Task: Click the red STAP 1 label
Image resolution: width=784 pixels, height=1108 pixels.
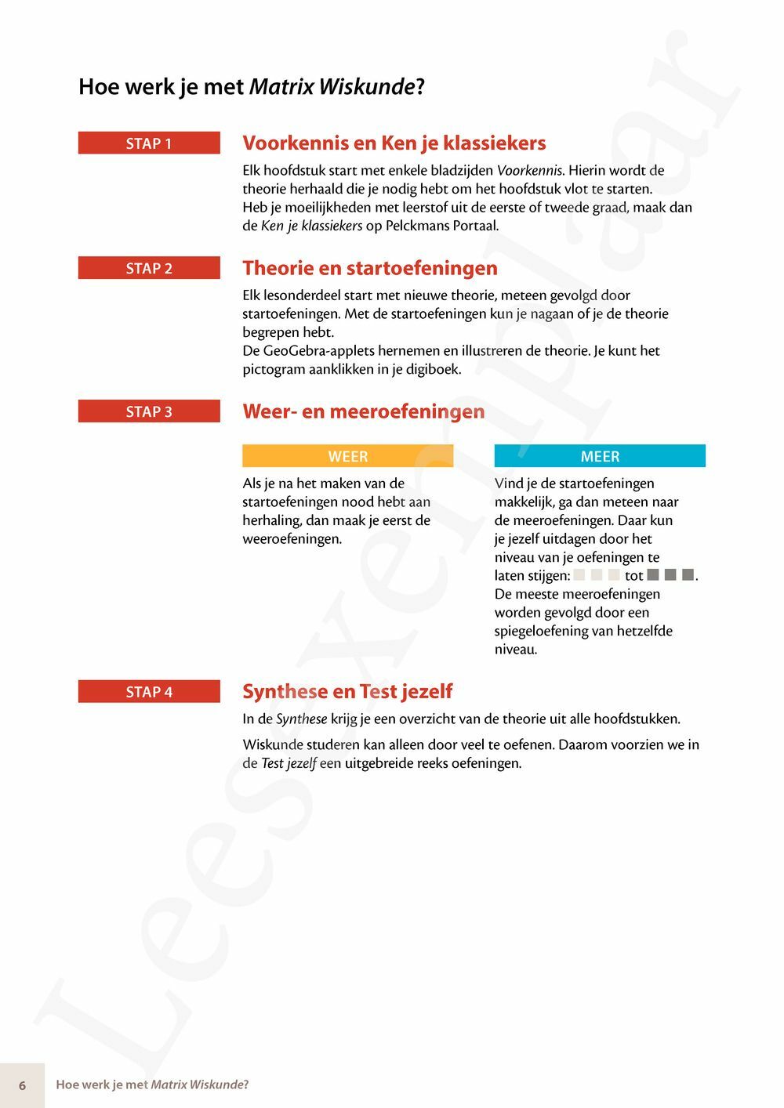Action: (x=149, y=143)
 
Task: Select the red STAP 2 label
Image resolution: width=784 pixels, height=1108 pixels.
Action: (x=149, y=268)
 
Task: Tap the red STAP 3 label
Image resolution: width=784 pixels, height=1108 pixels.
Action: (x=149, y=411)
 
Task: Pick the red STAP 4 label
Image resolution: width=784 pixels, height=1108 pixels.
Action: (x=149, y=692)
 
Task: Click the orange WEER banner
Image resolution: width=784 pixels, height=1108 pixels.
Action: (x=348, y=456)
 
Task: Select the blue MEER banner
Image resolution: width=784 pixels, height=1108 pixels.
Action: (x=600, y=456)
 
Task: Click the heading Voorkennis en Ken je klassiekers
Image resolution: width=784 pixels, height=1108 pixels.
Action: (x=394, y=143)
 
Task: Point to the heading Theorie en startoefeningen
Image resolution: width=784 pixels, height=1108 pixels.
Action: (x=370, y=268)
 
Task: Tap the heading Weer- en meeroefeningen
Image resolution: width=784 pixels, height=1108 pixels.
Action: (x=364, y=411)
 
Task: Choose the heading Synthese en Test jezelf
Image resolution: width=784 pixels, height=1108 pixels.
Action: (x=347, y=692)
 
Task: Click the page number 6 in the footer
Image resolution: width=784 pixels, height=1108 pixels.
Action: (x=22, y=1085)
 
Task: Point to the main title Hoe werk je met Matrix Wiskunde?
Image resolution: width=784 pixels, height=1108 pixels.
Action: (x=251, y=87)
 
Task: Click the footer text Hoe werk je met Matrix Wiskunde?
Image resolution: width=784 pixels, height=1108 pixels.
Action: (x=152, y=1085)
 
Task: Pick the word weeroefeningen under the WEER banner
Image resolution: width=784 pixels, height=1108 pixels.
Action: (x=292, y=539)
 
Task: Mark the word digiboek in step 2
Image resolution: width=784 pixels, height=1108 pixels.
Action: (x=433, y=369)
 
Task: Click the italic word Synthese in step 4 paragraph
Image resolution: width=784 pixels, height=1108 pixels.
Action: (x=301, y=719)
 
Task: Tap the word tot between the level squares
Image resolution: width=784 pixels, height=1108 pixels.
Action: (x=633, y=576)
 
